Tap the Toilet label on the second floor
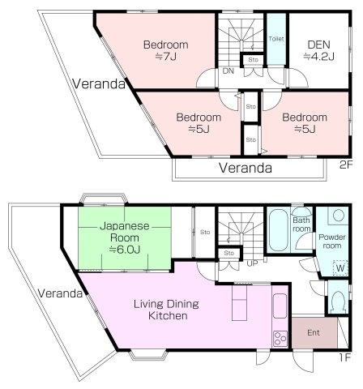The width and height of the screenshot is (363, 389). point(276,39)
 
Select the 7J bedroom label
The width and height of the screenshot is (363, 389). point(166,50)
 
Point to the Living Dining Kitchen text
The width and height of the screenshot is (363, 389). point(166,310)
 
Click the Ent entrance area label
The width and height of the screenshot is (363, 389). point(314,332)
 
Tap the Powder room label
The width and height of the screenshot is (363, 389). point(332,242)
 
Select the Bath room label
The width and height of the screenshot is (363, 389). point(301,224)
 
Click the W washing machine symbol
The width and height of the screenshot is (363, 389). point(340,268)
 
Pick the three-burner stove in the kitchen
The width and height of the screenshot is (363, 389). point(280,338)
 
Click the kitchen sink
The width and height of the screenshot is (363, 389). point(280,306)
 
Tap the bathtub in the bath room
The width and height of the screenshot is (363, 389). point(278,229)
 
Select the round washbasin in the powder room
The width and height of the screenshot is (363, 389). point(338,216)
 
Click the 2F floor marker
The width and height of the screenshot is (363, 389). point(346,165)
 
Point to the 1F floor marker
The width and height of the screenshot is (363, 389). point(345,357)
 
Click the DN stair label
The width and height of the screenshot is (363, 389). point(228,71)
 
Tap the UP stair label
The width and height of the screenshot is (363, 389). point(253,263)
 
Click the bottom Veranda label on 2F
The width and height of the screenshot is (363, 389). point(246,168)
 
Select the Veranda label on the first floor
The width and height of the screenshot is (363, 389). point(60,293)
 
